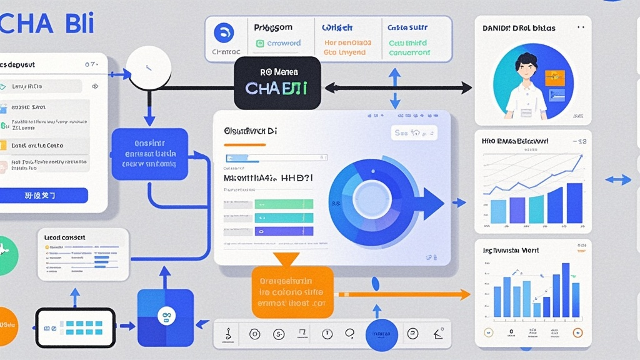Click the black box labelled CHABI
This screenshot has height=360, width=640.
277,83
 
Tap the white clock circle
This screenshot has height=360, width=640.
148,68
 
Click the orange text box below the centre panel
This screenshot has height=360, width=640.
292,292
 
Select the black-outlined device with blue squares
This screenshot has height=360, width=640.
75,327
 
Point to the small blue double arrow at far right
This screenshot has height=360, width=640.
618,180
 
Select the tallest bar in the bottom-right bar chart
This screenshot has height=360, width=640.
566,289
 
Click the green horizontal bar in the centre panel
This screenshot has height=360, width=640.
284,204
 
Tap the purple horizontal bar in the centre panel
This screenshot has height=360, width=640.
284,231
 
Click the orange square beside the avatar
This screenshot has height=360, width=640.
554,77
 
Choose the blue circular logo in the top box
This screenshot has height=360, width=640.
223,33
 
